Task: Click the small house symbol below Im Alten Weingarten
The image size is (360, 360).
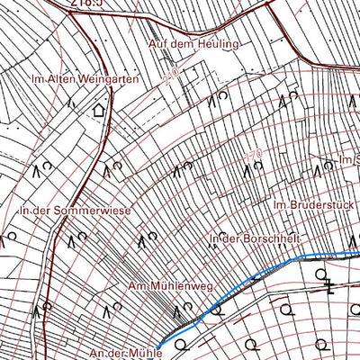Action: (98, 111)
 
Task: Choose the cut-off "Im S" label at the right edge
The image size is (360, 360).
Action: (349, 160)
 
